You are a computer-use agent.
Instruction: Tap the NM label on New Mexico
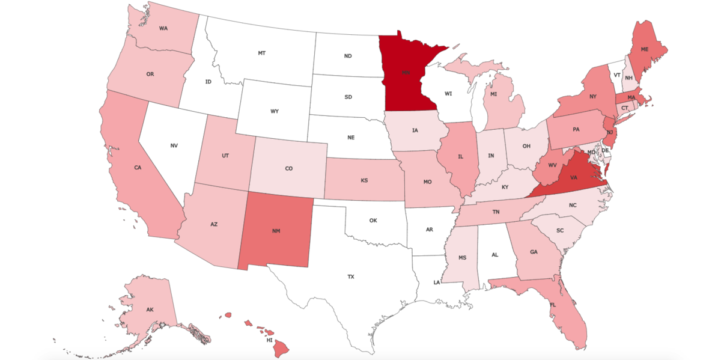pyautogui.click(x=276, y=231)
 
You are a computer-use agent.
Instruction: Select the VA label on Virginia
pyautogui.click(x=574, y=178)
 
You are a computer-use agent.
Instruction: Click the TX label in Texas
pyautogui.click(x=351, y=277)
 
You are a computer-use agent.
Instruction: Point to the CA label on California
pyautogui.click(x=138, y=168)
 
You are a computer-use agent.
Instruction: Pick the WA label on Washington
pyautogui.click(x=163, y=28)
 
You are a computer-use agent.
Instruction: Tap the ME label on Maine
pyautogui.click(x=645, y=49)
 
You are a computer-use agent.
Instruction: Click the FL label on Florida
pyautogui.click(x=552, y=304)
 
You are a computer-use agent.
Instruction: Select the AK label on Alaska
pyautogui.click(x=150, y=310)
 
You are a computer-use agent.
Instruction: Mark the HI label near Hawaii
pyautogui.click(x=270, y=340)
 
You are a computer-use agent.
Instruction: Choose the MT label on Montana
pyautogui.click(x=262, y=53)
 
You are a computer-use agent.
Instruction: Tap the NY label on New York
pyautogui.click(x=592, y=97)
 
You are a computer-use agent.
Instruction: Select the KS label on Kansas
pyautogui.click(x=364, y=180)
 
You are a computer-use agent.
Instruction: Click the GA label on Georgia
pyautogui.click(x=534, y=252)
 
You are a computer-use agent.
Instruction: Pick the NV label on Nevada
pyautogui.click(x=174, y=145)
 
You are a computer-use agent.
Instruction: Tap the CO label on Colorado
pyautogui.click(x=288, y=169)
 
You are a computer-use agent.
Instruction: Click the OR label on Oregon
pyautogui.click(x=150, y=75)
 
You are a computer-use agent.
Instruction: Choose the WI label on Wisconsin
pyautogui.click(x=448, y=94)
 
